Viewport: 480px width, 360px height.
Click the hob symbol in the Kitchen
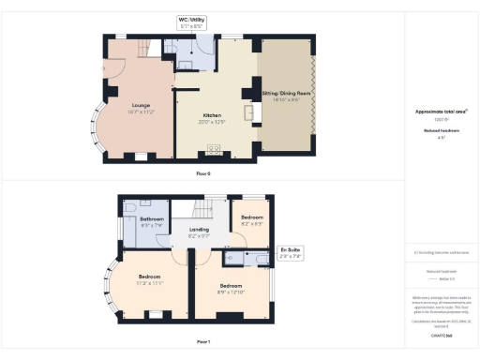coord(214,149)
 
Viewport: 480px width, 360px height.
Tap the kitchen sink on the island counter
coord(249,112)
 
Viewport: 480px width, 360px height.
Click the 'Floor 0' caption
coord(203,173)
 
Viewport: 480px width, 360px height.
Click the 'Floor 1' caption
coord(203,342)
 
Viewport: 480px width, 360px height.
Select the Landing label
coord(199,230)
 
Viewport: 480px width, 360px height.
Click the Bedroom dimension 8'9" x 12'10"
coord(231,290)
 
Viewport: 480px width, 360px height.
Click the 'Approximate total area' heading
coord(441,111)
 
